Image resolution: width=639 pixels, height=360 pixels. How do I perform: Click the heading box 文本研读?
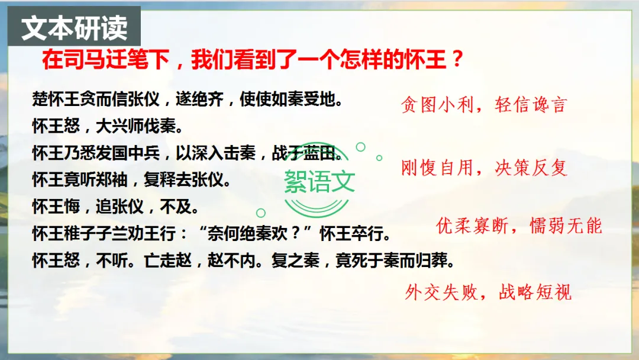[74, 26]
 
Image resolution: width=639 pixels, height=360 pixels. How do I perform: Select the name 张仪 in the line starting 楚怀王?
[143, 99]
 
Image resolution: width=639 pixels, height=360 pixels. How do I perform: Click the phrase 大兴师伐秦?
[135, 126]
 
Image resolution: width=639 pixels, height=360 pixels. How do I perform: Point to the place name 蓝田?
[319, 153]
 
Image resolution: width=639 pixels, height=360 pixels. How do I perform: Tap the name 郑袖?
[112, 180]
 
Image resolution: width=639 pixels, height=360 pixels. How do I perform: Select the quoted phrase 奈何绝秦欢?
[247, 234]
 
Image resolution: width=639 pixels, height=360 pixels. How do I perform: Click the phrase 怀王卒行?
[351, 234]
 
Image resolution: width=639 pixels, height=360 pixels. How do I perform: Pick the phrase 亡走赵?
[167, 261]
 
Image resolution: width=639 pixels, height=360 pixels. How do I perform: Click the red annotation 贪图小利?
[437, 105]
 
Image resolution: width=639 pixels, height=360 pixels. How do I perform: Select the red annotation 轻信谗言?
[531, 105]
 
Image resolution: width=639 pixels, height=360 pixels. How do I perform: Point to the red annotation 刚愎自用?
[437, 168]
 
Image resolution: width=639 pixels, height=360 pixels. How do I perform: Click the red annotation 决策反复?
[531, 168]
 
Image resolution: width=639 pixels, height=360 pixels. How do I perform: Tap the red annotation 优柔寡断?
[472, 226]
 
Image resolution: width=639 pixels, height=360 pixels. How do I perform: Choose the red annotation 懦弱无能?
[566, 226]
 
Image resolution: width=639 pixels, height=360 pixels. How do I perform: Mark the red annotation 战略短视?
[535, 292]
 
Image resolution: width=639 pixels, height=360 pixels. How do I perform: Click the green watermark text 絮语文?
[319, 181]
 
